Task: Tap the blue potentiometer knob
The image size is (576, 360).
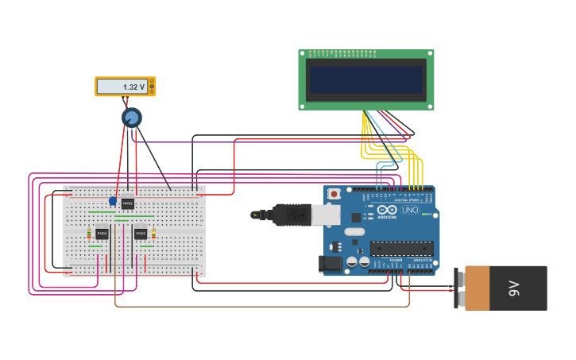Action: (131, 118)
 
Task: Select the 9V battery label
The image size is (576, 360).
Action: (514, 288)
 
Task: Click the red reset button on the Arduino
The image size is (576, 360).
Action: (334, 194)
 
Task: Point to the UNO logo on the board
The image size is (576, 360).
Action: (410, 210)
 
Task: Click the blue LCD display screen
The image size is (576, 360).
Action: (366, 79)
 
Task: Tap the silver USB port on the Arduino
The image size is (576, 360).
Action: (325, 214)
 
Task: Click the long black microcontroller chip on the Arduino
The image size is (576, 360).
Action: (401, 248)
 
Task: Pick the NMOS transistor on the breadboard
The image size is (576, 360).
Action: (127, 203)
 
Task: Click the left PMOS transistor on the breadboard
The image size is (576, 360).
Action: (102, 234)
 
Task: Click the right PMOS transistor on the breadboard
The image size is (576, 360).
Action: (141, 234)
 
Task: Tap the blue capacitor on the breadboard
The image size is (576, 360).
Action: (113, 201)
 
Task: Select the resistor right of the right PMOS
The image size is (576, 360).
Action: (153, 234)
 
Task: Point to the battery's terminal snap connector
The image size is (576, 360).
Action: (460, 288)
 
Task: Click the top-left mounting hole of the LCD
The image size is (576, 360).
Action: (303, 54)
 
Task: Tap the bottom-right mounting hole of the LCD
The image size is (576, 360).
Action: (430, 105)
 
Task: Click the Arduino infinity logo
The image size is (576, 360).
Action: (387, 210)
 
